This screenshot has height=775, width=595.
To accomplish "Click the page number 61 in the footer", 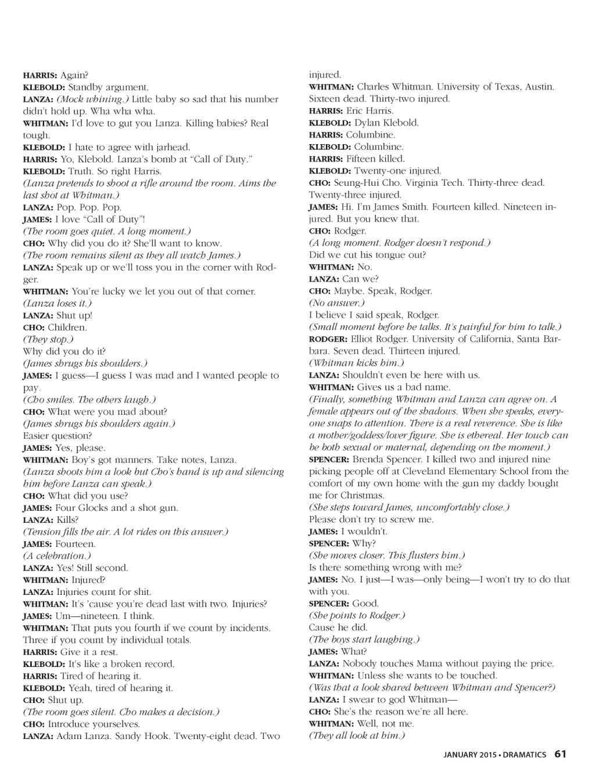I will click(560, 754).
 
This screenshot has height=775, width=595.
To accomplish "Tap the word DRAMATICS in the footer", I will click(524, 755).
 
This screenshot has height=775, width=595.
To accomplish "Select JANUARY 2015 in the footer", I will click(469, 755).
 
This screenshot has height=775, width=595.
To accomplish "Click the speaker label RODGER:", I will click(328, 339).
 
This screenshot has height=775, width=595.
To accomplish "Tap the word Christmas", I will click(363, 496).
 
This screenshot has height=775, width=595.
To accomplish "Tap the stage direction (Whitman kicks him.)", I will click(357, 363).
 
